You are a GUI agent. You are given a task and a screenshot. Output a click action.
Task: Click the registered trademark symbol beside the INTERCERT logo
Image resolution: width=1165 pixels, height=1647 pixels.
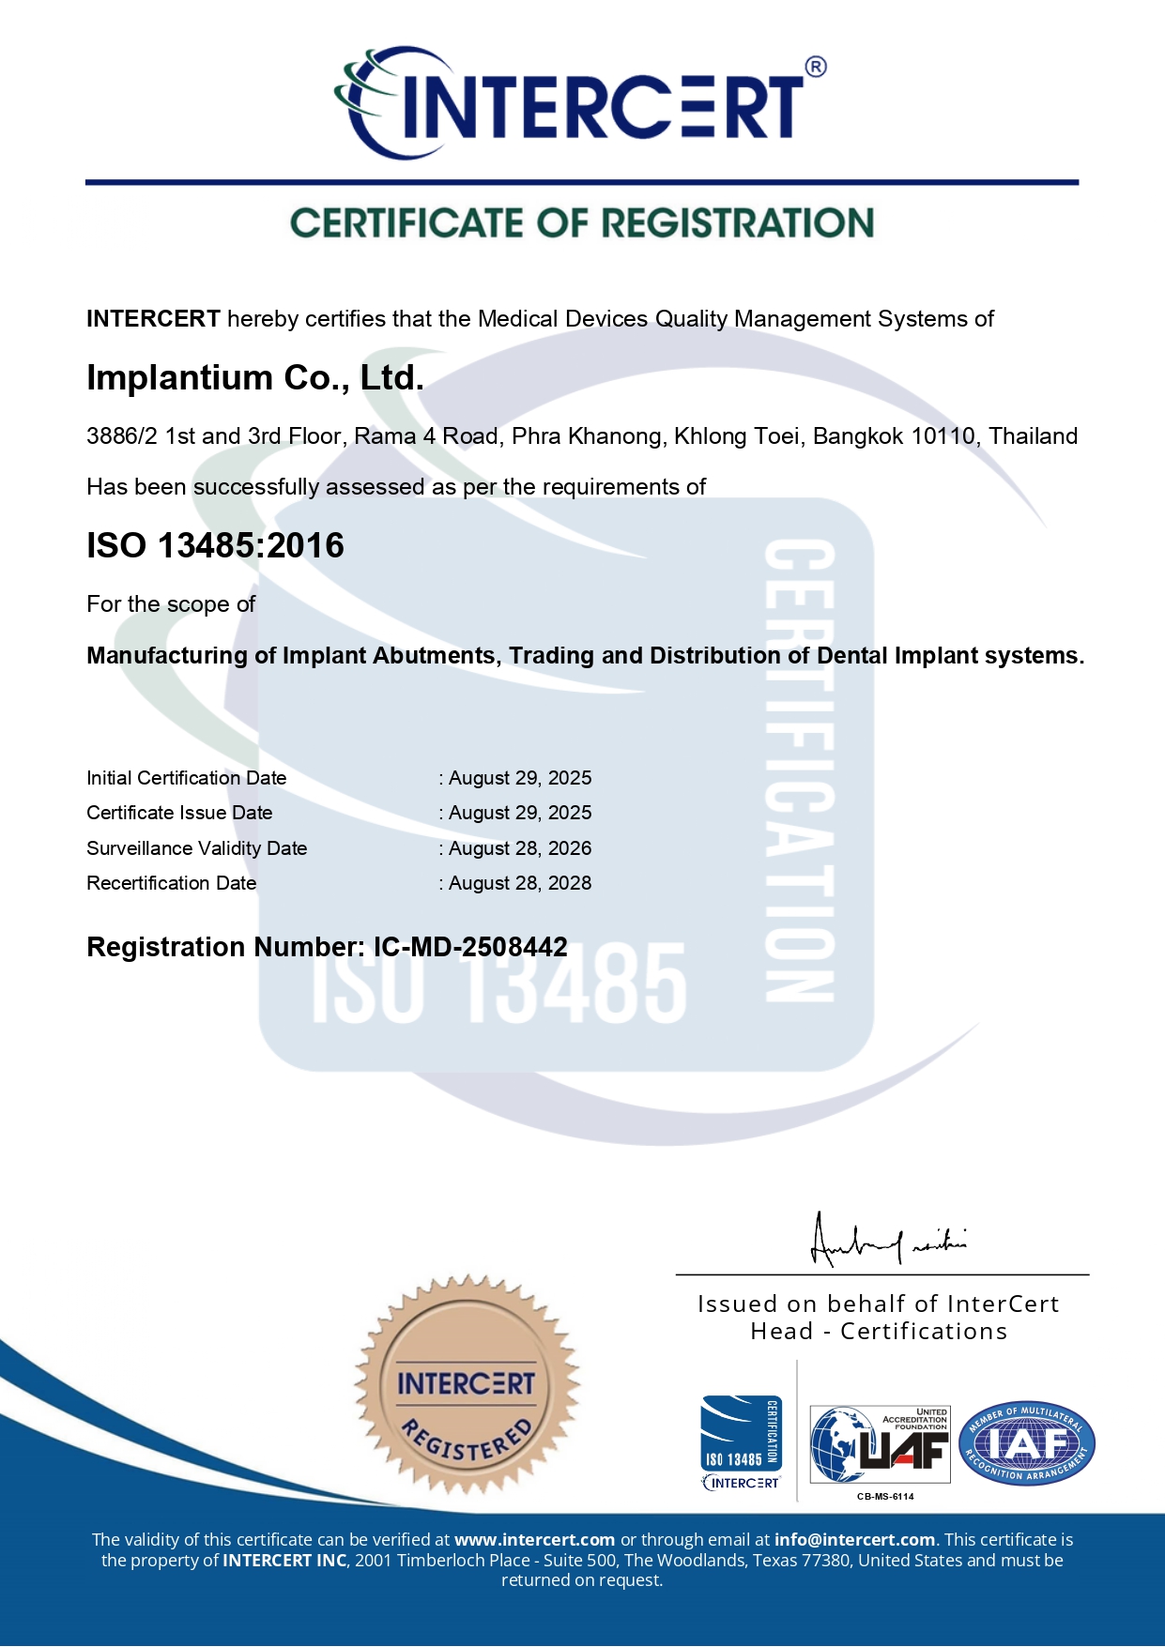click(x=816, y=67)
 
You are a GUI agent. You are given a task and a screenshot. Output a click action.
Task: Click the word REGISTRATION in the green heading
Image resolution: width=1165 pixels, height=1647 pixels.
click(x=737, y=223)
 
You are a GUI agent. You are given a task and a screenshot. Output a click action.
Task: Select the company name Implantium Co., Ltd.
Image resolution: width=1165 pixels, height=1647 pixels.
click(x=255, y=377)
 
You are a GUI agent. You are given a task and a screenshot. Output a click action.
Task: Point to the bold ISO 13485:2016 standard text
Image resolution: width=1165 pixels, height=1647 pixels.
click(x=215, y=545)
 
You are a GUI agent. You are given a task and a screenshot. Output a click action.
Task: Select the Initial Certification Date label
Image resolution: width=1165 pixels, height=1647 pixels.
click(x=186, y=778)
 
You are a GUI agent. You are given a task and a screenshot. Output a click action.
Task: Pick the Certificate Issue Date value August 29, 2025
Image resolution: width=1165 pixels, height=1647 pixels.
click(x=520, y=813)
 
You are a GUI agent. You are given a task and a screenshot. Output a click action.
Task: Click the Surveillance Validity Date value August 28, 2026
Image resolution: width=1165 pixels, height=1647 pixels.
click(x=520, y=848)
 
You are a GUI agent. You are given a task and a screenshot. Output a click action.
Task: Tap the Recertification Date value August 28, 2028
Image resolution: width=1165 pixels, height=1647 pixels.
click(x=520, y=883)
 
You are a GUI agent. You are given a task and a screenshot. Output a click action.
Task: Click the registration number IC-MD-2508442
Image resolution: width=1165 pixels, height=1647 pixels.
click(x=470, y=947)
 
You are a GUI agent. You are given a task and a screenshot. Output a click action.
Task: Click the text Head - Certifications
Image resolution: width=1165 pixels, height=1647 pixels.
click(x=879, y=1332)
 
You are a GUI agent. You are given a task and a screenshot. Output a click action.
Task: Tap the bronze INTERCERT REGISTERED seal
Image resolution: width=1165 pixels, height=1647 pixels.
click(x=467, y=1383)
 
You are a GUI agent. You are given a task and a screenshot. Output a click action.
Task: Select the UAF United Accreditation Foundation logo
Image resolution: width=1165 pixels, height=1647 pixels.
click(x=880, y=1444)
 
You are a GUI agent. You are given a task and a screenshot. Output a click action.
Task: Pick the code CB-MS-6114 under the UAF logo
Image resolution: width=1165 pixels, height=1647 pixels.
click(x=885, y=1496)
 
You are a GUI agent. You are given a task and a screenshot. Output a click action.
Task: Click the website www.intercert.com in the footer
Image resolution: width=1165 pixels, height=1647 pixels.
click(x=534, y=1540)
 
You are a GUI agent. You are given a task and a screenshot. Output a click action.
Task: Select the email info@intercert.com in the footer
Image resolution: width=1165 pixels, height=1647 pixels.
click(x=854, y=1540)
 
